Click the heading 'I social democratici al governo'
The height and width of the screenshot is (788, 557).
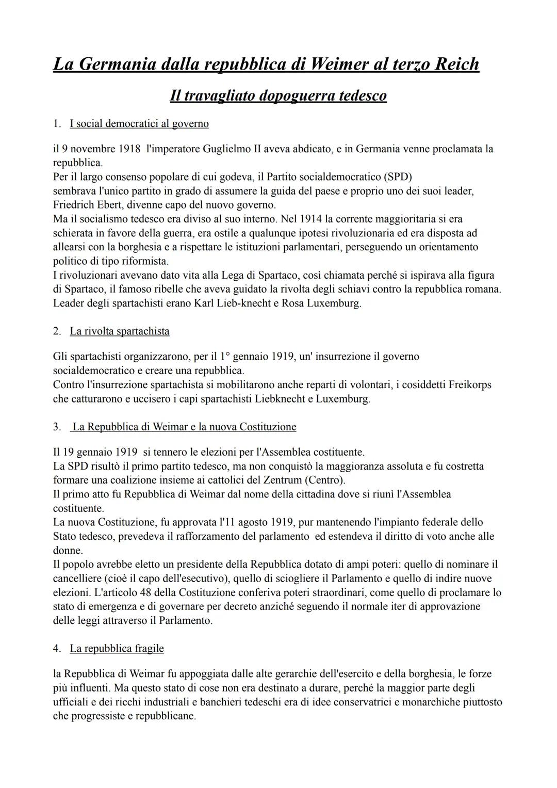click(139, 124)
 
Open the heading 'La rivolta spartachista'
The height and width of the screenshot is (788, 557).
click(120, 331)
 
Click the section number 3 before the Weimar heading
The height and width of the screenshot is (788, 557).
click(56, 427)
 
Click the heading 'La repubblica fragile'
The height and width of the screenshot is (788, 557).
click(117, 649)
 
